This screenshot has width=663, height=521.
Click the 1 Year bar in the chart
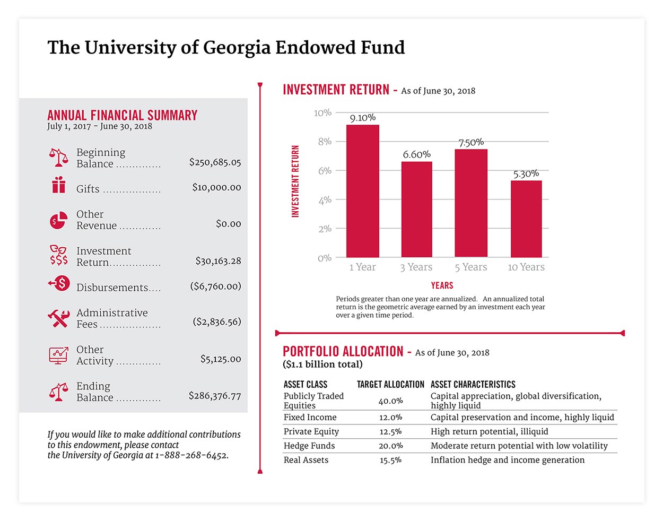click(x=363, y=191)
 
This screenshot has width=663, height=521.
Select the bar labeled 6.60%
click(x=416, y=210)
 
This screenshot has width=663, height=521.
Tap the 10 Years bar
click(x=526, y=219)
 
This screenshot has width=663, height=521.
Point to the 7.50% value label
click(x=471, y=142)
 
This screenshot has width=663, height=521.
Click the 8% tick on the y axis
click(x=325, y=142)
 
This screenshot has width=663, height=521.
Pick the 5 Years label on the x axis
click(x=471, y=267)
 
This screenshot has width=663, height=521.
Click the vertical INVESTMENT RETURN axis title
click(x=295, y=181)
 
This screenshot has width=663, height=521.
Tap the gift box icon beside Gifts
click(x=59, y=185)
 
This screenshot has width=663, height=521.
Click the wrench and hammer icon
click(x=58, y=318)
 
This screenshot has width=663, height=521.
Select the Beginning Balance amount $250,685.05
click(x=215, y=162)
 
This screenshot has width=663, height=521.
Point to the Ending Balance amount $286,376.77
click(x=215, y=396)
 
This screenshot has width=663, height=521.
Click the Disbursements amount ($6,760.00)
click(x=215, y=286)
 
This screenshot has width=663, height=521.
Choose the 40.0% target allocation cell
click(x=390, y=401)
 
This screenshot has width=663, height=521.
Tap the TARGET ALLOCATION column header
click(x=390, y=385)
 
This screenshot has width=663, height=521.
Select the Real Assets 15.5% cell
click(x=390, y=460)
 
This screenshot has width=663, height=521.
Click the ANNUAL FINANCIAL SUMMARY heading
click(x=123, y=115)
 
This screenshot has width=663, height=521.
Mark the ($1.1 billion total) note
click(x=322, y=364)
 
